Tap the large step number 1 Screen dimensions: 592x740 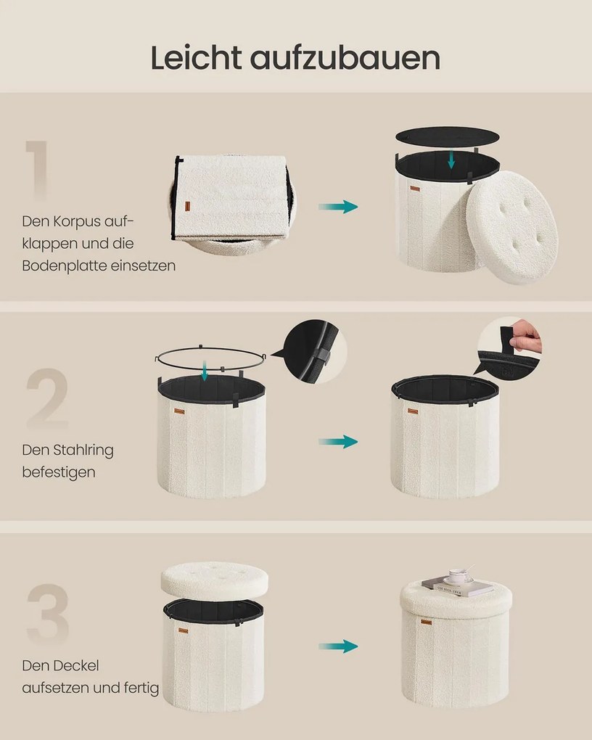[x=38, y=169]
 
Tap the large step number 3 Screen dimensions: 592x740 [x=48, y=614]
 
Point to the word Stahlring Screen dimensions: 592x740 [x=83, y=451]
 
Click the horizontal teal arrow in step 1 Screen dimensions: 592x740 [x=338, y=207]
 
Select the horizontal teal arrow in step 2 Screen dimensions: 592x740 [x=338, y=442]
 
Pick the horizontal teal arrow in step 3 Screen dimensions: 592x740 [x=338, y=646]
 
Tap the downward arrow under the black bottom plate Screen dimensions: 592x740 [x=451, y=159]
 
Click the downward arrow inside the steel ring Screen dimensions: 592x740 [x=205, y=371]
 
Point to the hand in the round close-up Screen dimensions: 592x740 [x=527, y=334]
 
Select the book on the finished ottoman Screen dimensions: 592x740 [x=458, y=587]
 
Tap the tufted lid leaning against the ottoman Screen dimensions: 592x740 [x=511, y=227]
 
